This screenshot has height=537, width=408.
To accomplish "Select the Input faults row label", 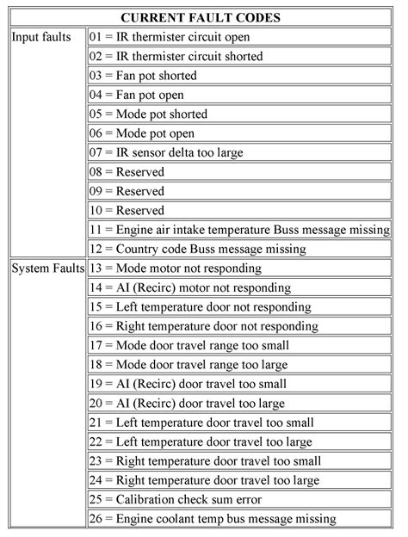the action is [x=43, y=37].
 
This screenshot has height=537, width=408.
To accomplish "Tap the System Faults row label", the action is [x=46, y=268].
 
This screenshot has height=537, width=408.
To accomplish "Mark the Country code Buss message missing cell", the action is [x=197, y=249].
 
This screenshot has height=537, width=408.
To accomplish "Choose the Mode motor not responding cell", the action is [x=176, y=268].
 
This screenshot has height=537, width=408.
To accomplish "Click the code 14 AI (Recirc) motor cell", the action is [x=190, y=287].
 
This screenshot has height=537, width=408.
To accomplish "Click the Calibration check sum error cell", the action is [x=176, y=499].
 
